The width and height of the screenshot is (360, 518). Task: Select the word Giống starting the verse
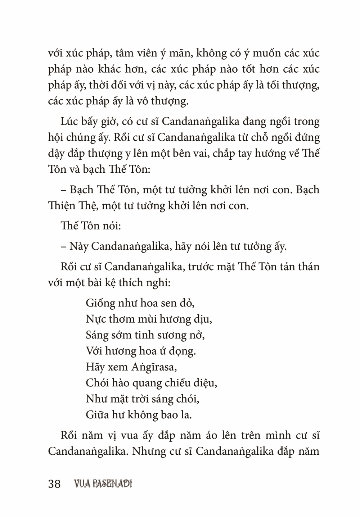click(x=99, y=303)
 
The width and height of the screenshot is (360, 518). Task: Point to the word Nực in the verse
click(x=94, y=319)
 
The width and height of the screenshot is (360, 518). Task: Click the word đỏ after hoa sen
click(x=187, y=303)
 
